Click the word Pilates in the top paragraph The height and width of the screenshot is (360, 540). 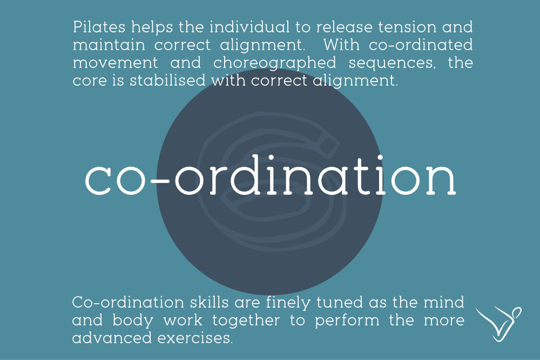point(99,27)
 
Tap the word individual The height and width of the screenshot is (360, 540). point(249,27)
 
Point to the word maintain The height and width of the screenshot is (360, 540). point(109,45)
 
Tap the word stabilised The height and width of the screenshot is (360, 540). point(167,80)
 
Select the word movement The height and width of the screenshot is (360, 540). point(116,63)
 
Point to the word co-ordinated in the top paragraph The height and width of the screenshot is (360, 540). point(421,45)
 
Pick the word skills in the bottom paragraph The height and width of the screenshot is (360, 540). point(209,302)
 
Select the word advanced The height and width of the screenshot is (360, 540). point(112,338)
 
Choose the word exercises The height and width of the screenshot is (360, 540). point(195,338)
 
